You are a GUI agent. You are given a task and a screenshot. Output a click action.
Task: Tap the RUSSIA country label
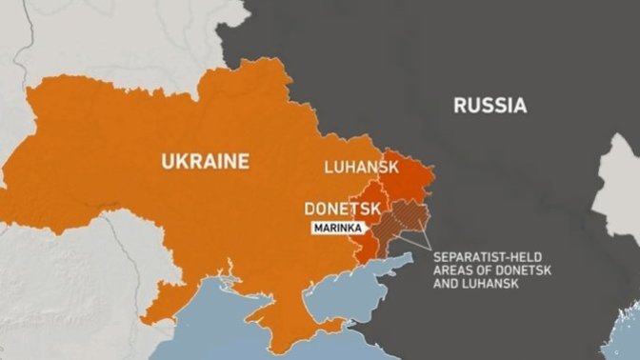(490, 105)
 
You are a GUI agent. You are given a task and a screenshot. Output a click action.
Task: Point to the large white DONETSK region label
(343, 208)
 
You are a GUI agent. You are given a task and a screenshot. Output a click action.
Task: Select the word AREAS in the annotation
(451, 270)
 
